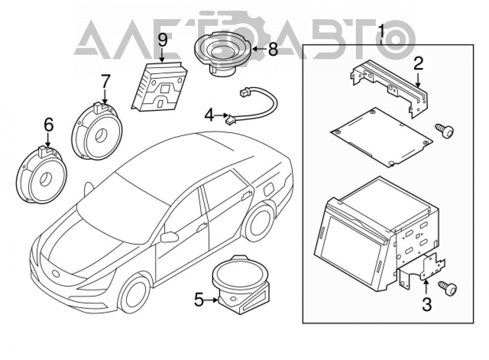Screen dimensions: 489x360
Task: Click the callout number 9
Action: [x=162, y=41]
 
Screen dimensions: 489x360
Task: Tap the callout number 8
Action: [x=273, y=49]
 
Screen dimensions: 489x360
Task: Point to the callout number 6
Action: [x=48, y=125]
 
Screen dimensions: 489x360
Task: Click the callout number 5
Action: [x=200, y=300]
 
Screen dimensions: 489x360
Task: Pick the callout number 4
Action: [x=210, y=116]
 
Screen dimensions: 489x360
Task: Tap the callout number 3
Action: [x=426, y=304]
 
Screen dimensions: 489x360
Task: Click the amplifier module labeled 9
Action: [x=160, y=86]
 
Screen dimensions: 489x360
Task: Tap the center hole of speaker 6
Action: [x=46, y=179]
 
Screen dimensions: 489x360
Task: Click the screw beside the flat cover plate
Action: [x=444, y=130]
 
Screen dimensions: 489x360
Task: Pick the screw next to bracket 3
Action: [x=448, y=287]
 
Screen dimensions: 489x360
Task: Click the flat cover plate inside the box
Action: [x=381, y=137]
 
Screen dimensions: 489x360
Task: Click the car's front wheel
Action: [x=135, y=294]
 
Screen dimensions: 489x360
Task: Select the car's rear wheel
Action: [x=259, y=222]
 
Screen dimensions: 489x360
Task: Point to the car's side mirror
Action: [x=169, y=237]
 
